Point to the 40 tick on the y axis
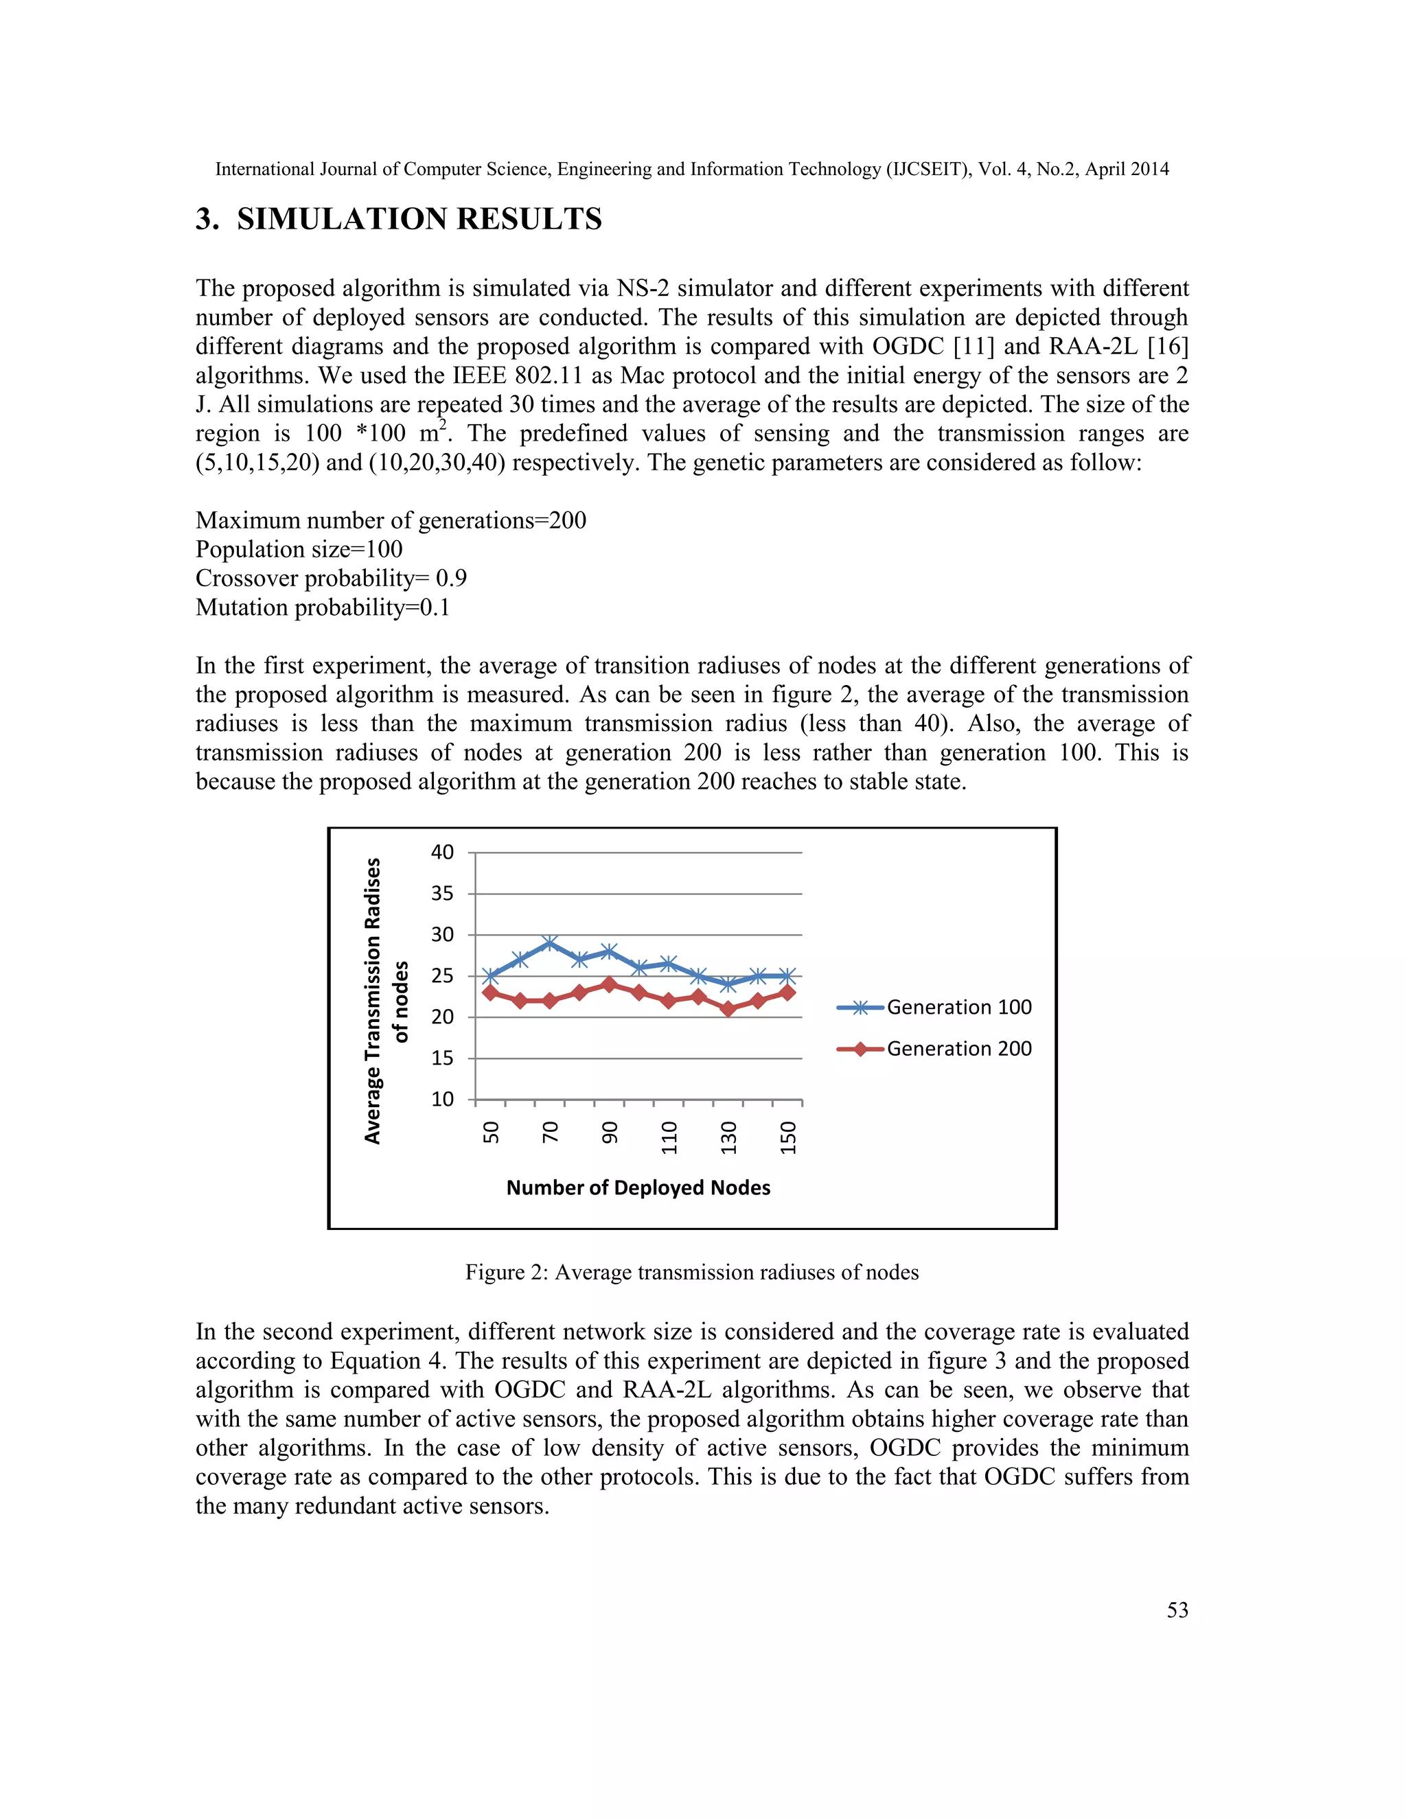click(x=442, y=853)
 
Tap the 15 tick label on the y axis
click(x=442, y=1058)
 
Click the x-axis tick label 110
click(x=669, y=1137)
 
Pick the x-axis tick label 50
click(x=491, y=1133)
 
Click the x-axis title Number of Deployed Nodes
click(x=638, y=1187)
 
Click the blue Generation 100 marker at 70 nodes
click(x=550, y=943)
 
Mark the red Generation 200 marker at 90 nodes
click(x=609, y=984)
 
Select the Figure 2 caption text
click(x=691, y=1273)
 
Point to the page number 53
click(x=1177, y=1610)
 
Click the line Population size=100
click(x=299, y=550)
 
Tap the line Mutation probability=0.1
click(x=323, y=608)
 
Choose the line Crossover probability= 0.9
click(x=331, y=579)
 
